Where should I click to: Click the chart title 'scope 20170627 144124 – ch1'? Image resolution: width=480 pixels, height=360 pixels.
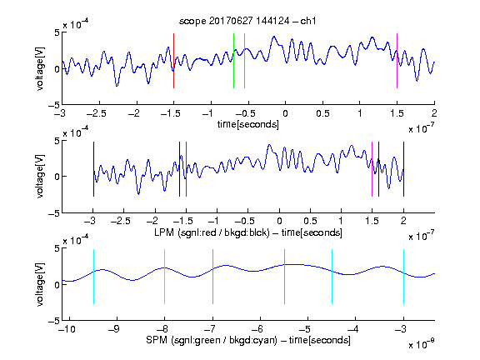click(x=247, y=21)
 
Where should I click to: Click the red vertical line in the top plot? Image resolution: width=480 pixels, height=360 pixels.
click(x=173, y=61)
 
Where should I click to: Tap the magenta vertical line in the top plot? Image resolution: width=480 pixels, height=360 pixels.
click(x=397, y=61)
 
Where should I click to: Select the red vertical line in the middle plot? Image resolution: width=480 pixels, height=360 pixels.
click(x=186, y=169)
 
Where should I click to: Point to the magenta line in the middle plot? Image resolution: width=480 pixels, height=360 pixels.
click(x=372, y=169)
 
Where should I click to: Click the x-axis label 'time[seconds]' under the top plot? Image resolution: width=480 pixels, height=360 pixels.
click(x=248, y=124)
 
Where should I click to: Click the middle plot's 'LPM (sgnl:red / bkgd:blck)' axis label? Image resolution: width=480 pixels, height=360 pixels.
click(x=212, y=232)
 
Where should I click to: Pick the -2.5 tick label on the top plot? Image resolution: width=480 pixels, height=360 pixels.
click(x=97, y=113)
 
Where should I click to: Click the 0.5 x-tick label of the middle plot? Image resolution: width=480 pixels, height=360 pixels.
click(x=310, y=221)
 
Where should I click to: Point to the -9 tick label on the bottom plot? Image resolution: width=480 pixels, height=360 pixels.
click(x=114, y=329)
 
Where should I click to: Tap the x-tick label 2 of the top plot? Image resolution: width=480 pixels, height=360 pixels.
click(x=434, y=113)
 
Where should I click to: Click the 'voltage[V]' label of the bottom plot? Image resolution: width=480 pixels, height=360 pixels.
click(x=40, y=284)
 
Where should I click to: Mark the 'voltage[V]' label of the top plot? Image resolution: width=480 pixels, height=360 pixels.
click(x=40, y=68)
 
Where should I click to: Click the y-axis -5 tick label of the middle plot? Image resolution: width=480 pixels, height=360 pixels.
click(x=54, y=213)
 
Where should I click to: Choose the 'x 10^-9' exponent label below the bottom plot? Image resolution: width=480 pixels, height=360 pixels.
click(x=421, y=344)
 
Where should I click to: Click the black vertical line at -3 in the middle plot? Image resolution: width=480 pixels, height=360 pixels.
click(x=93, y=169)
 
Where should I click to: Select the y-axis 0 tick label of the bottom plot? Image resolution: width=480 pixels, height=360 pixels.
click(x=57, y=285)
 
